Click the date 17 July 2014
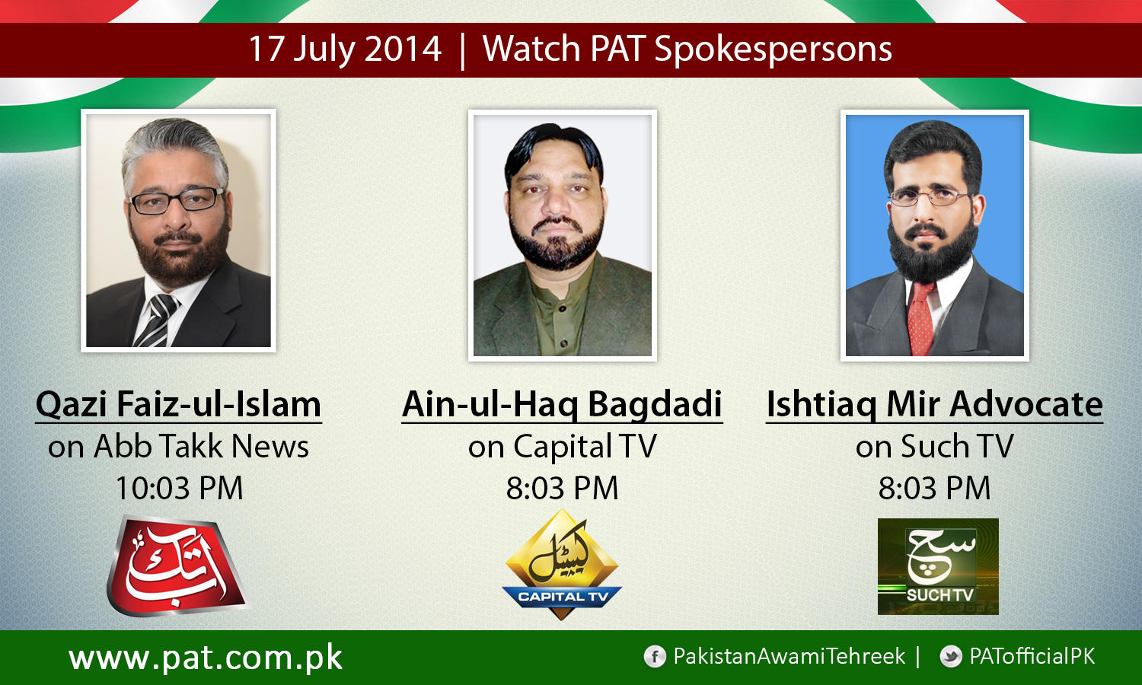pyautogui.click(x=345, y=49)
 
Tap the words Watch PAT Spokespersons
pyautogui.click(x=687, y=49)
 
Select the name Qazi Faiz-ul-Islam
pyautogui.click(x=179, y=404)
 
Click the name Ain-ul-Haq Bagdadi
pyautogui.click(x=562, y=404)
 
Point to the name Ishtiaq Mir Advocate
pyautogui.click(x=934, y=404)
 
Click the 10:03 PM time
pyautogui.click(x=179, y=488)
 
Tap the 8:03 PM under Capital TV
pyautogui.click(x=562, y=488)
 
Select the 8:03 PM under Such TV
pyautogui.click(x=934, y=488)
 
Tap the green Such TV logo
pyautogui.click(x=938, y=566)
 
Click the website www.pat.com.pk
pyautogui.click(x=206, y=658)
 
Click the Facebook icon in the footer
pyautogui.click(x=654, y=657)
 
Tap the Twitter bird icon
pyautogui.click(x=950, y=657)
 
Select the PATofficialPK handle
pyautogui.click(x=1032, y=657)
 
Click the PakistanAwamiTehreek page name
pyautogui.click(x=790, y=657)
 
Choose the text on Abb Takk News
pyautogui.click(x=179, y=447)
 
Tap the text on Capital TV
pyautogui.click(x=562, y=447)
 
